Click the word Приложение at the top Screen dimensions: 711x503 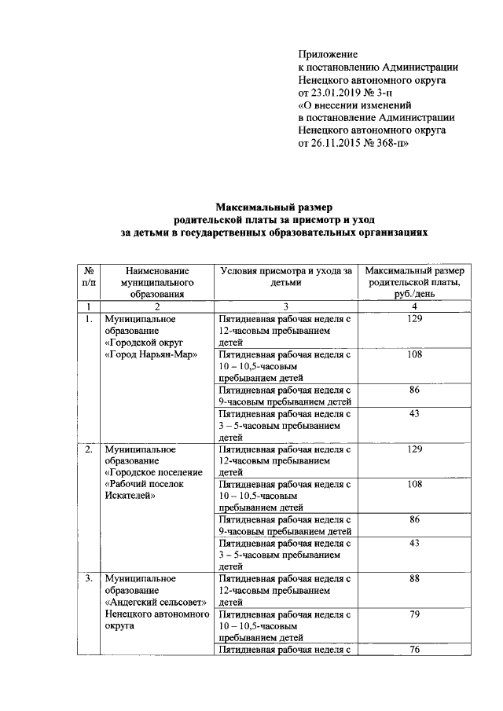(328, 55)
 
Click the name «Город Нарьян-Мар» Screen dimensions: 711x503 (150, 354)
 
